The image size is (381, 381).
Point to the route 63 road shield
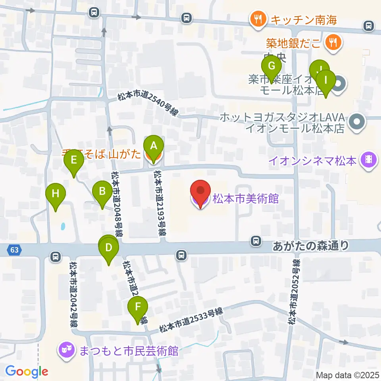(x=14, y=250)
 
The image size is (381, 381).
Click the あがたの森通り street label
(x=311, y=246)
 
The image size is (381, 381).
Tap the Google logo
(x=27, y=371)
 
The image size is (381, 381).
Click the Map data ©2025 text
(x=348, y=375)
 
